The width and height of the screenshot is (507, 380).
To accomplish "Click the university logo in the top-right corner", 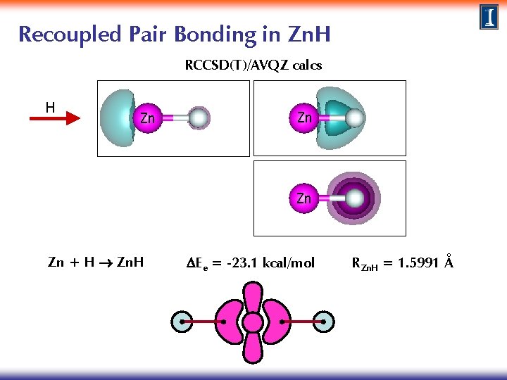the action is tap(489, 17).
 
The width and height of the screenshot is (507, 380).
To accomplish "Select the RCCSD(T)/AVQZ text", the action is tap(253, 65).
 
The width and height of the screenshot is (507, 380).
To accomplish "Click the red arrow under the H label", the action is tap(56, 121).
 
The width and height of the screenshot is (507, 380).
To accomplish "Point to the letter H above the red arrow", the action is tap(50, 107).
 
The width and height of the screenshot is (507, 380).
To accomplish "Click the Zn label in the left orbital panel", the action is tap(147, 118).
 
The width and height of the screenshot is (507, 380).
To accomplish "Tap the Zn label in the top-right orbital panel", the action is tap(304, 118).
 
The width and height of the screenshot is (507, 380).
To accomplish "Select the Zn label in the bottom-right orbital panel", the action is tap(303, 198).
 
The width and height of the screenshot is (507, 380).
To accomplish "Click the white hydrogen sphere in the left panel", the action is tap(199, 118).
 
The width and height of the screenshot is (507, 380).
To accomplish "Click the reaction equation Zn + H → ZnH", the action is tap(96, 263).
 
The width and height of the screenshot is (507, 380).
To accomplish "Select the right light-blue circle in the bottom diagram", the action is tap(324, 322).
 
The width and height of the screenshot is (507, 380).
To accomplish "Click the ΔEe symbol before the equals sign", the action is tap(196, 264).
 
